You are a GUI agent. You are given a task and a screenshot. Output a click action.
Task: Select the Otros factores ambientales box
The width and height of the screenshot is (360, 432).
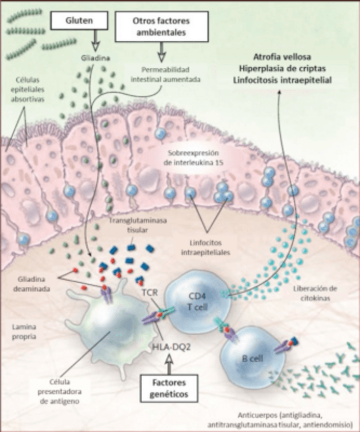tap(161, 26)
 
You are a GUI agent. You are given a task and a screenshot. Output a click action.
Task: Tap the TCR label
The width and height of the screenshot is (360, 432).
tap(148, 294)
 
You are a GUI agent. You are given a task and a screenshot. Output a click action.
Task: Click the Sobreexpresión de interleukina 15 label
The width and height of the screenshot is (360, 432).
tap(195, 158)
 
